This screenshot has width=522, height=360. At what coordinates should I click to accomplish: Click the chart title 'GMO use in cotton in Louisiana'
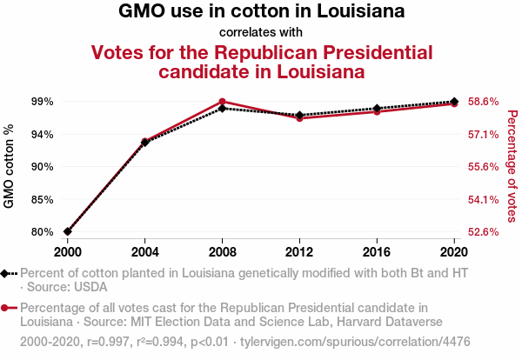261,13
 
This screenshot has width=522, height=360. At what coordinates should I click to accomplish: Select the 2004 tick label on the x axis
144,250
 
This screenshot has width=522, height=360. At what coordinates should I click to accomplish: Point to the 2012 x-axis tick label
299,250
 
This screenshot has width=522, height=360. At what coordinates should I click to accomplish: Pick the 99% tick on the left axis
42,102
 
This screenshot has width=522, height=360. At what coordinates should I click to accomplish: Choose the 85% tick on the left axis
42,199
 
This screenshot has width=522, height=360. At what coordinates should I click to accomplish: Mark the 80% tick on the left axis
42,232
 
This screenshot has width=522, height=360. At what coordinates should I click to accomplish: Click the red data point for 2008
223,102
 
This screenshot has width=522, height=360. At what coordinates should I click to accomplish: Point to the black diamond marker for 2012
299,116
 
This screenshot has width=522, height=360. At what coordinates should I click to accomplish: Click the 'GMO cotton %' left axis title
10,166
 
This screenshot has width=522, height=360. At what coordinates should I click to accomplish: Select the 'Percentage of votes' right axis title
512,166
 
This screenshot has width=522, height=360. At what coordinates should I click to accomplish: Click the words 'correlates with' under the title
261,32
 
